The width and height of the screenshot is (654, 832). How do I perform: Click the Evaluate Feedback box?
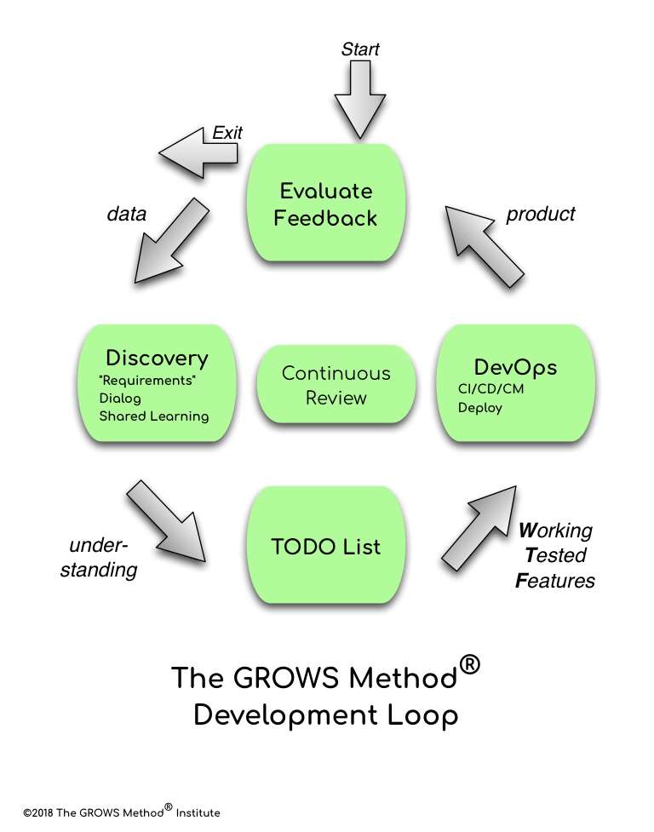coord(327,204)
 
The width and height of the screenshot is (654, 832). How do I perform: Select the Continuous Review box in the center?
coord(336,386)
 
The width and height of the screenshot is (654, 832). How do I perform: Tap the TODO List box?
coord(327,546)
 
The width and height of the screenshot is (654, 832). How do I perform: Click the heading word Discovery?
coord(157,358)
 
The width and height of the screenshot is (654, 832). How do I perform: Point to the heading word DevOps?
coord(515,367)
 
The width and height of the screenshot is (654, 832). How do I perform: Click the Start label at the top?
coord(360,49)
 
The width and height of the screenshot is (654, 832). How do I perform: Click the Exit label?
coord(227,132)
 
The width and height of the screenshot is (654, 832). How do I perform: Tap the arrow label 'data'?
coord(126,215)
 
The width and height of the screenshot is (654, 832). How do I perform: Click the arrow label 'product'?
coord(541,215)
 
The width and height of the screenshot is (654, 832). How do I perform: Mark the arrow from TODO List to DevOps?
coord(482,528)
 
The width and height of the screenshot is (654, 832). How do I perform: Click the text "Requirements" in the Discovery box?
coord(147,380)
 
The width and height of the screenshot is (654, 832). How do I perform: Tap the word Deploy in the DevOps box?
coord(480,408)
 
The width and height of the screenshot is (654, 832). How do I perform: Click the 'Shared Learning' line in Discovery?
coord(154,416)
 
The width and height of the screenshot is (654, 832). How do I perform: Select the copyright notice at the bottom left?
coord(122,812)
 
